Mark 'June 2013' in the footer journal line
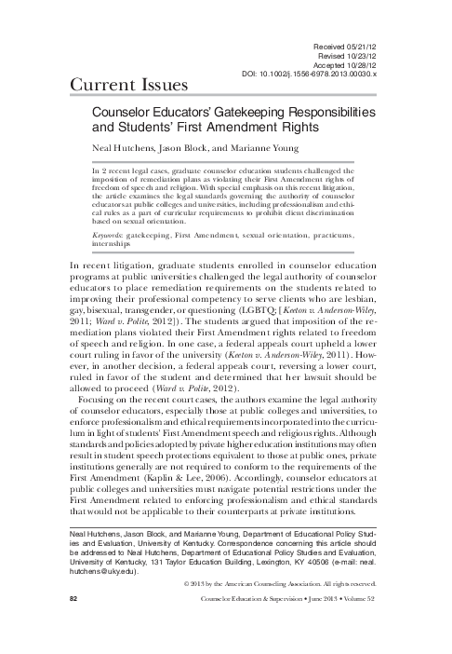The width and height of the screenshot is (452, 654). tap(307, 630)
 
